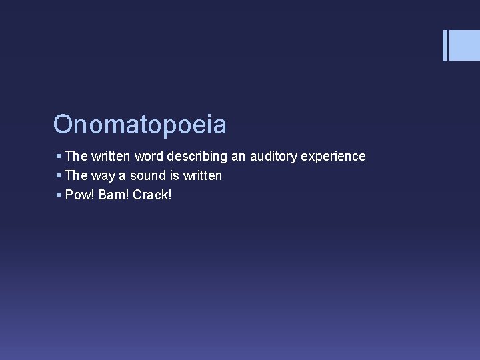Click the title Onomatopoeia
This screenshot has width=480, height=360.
click(140, 125)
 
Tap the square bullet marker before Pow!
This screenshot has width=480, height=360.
click(59, 195)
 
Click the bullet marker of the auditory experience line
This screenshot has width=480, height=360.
click(59, 157)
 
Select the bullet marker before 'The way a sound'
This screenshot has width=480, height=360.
click(59, 176)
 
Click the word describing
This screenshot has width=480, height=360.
click(197, 157)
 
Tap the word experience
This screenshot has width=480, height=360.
click(334, 157)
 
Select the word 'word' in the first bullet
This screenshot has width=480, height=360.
click(149, 157)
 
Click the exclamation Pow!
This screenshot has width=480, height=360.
click(79, 195)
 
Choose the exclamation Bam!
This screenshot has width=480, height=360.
click(113, 195)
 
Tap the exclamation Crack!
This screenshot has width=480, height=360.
click(152, 195)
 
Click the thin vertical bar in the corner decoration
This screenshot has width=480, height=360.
click(445, 45)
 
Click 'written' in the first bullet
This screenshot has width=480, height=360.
click(111, 157)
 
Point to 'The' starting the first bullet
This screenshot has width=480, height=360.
click(76, 157)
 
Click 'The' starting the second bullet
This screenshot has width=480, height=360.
click(76, 176)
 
